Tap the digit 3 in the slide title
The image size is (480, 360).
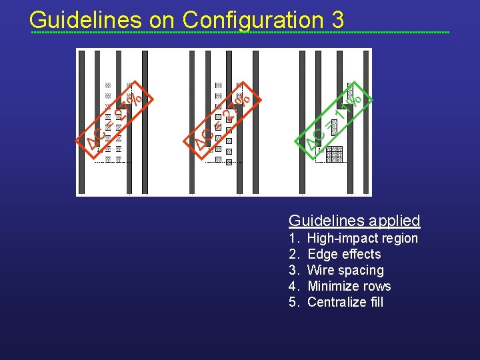coord(337,20)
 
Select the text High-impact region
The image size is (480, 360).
coord(363,238)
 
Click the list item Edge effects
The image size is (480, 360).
coord(344,254)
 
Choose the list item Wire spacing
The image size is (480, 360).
coord(345,270)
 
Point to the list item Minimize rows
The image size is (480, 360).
coord(349,286)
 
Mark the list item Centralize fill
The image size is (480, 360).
coord(345,302)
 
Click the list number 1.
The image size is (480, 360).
coord(293,238)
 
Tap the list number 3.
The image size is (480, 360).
coord(293,270)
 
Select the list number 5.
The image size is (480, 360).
coord(293,302)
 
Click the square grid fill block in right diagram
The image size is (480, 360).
coord(334,154)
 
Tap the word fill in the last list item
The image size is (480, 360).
coord(375,302)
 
